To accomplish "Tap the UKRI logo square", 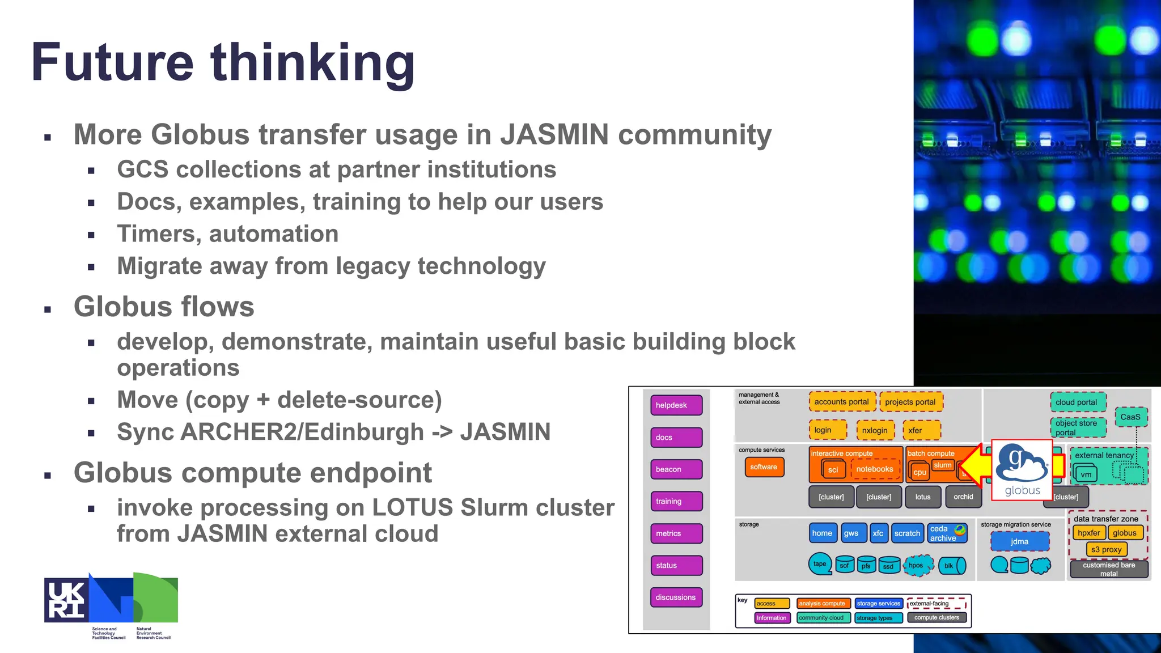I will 66,600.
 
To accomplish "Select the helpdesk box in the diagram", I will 676,405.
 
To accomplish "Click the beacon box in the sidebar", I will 676,469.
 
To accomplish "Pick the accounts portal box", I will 841,402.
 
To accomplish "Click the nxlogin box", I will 875,430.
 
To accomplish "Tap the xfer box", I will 921,430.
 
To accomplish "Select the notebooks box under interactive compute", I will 874,469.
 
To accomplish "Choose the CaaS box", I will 1130,417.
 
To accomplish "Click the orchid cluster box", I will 963,497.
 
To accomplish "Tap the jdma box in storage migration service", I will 1019,542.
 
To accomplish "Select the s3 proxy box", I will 1106,549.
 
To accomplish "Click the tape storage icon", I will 820,564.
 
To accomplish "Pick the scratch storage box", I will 907,533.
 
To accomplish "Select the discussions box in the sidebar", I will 676,597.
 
